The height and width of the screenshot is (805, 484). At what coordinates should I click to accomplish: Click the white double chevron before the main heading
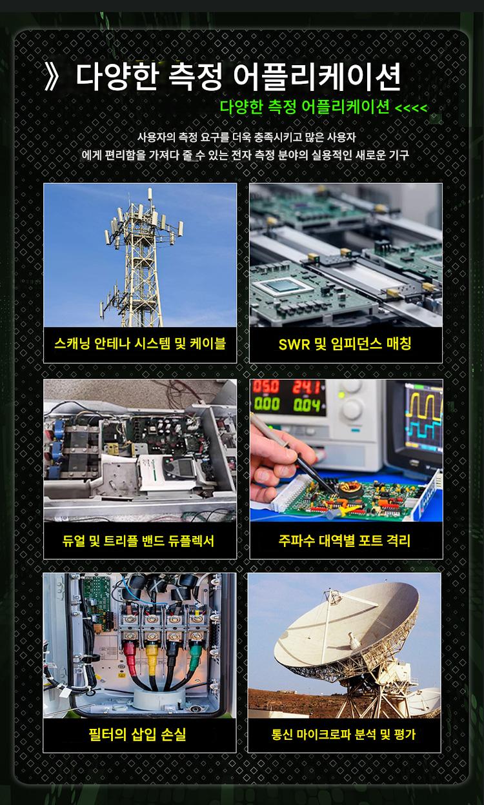51,77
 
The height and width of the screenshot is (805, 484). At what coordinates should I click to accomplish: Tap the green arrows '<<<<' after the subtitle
411,108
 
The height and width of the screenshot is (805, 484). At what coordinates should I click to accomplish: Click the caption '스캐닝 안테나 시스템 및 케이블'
140,344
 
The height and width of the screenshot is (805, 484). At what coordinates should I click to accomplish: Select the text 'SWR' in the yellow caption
294,344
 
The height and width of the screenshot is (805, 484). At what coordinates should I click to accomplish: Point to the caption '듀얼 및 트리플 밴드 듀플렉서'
138,541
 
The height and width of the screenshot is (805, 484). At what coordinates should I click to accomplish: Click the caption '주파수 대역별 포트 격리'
345,540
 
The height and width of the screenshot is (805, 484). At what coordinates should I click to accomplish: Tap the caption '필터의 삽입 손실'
137,734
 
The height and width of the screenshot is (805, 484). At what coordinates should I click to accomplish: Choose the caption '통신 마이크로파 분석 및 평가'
344,735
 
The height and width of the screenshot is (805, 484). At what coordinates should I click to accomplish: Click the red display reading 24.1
306,388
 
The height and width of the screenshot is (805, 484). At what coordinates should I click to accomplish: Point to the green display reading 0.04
307,405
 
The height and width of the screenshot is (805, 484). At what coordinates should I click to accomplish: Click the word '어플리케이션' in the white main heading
316,77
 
